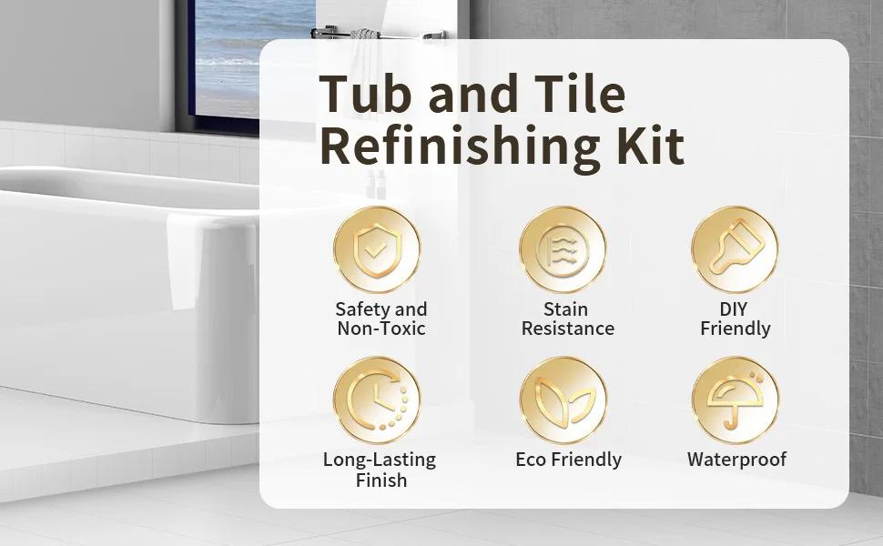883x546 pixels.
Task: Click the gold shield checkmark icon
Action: point(377,249)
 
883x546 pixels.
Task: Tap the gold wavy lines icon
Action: point(563,249)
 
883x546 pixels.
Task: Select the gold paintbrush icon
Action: point(735,249)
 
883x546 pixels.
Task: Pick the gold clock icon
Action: point(377,399)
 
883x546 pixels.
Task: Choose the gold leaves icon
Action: point(563,399)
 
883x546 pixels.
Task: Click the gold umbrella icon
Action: point(735,399)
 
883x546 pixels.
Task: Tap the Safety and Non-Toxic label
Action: point(381,318)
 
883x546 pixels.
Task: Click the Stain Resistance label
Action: point(567,318)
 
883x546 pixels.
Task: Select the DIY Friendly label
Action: point(735,318)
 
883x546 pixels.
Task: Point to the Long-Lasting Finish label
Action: point(380,470)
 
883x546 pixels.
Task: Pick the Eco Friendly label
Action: point(568,460)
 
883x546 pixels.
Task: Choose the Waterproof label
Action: point(736,460)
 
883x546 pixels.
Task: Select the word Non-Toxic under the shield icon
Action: point(381,329)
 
